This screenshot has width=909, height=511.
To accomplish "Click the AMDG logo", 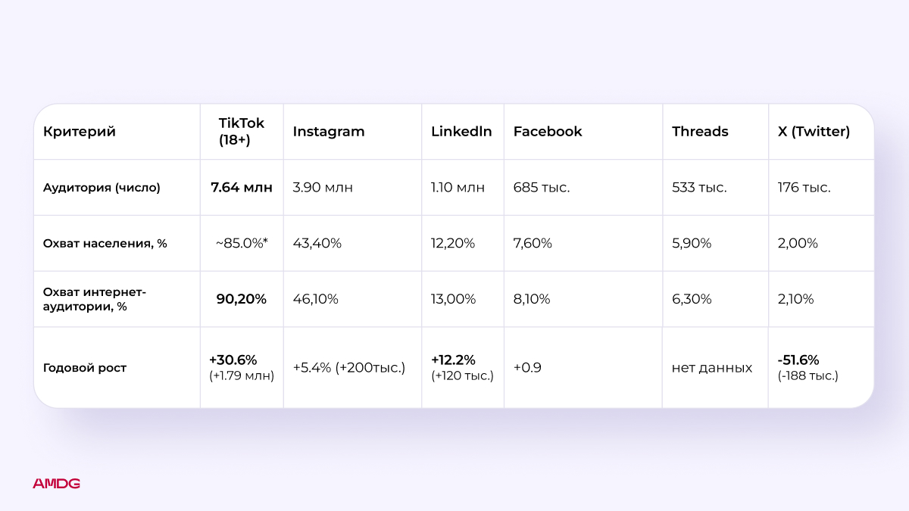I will (56, 484).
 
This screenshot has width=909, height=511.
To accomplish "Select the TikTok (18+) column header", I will (242, 132).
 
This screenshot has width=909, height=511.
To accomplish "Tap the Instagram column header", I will (329, 132).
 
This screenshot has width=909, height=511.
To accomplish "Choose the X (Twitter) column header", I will (814, 132).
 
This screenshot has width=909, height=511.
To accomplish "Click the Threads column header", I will (700, 132).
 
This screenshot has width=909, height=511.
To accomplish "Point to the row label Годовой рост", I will (85, 368).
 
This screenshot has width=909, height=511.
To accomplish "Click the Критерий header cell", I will (80, 132).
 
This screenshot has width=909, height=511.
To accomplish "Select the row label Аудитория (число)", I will (102, 188).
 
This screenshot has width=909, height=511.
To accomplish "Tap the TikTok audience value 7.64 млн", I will (242, 188).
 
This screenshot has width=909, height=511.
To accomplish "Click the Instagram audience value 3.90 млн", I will (323, 188).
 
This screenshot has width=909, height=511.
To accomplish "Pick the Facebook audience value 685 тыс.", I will (542, 188).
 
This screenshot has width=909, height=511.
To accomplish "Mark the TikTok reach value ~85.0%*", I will (242, 244).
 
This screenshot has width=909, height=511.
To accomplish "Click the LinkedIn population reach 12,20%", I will (453, 244).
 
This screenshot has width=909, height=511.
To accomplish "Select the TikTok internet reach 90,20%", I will (242, 299).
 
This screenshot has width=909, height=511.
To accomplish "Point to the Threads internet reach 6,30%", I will (692, 299).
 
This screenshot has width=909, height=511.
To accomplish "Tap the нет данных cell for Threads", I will (712, 368).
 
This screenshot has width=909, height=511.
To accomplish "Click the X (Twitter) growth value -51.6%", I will (798, 360).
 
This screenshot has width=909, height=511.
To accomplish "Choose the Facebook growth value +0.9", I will (528, 368).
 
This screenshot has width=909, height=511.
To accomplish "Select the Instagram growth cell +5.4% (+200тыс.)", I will (349, 368).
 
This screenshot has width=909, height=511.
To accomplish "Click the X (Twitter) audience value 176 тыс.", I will (804, 188).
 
